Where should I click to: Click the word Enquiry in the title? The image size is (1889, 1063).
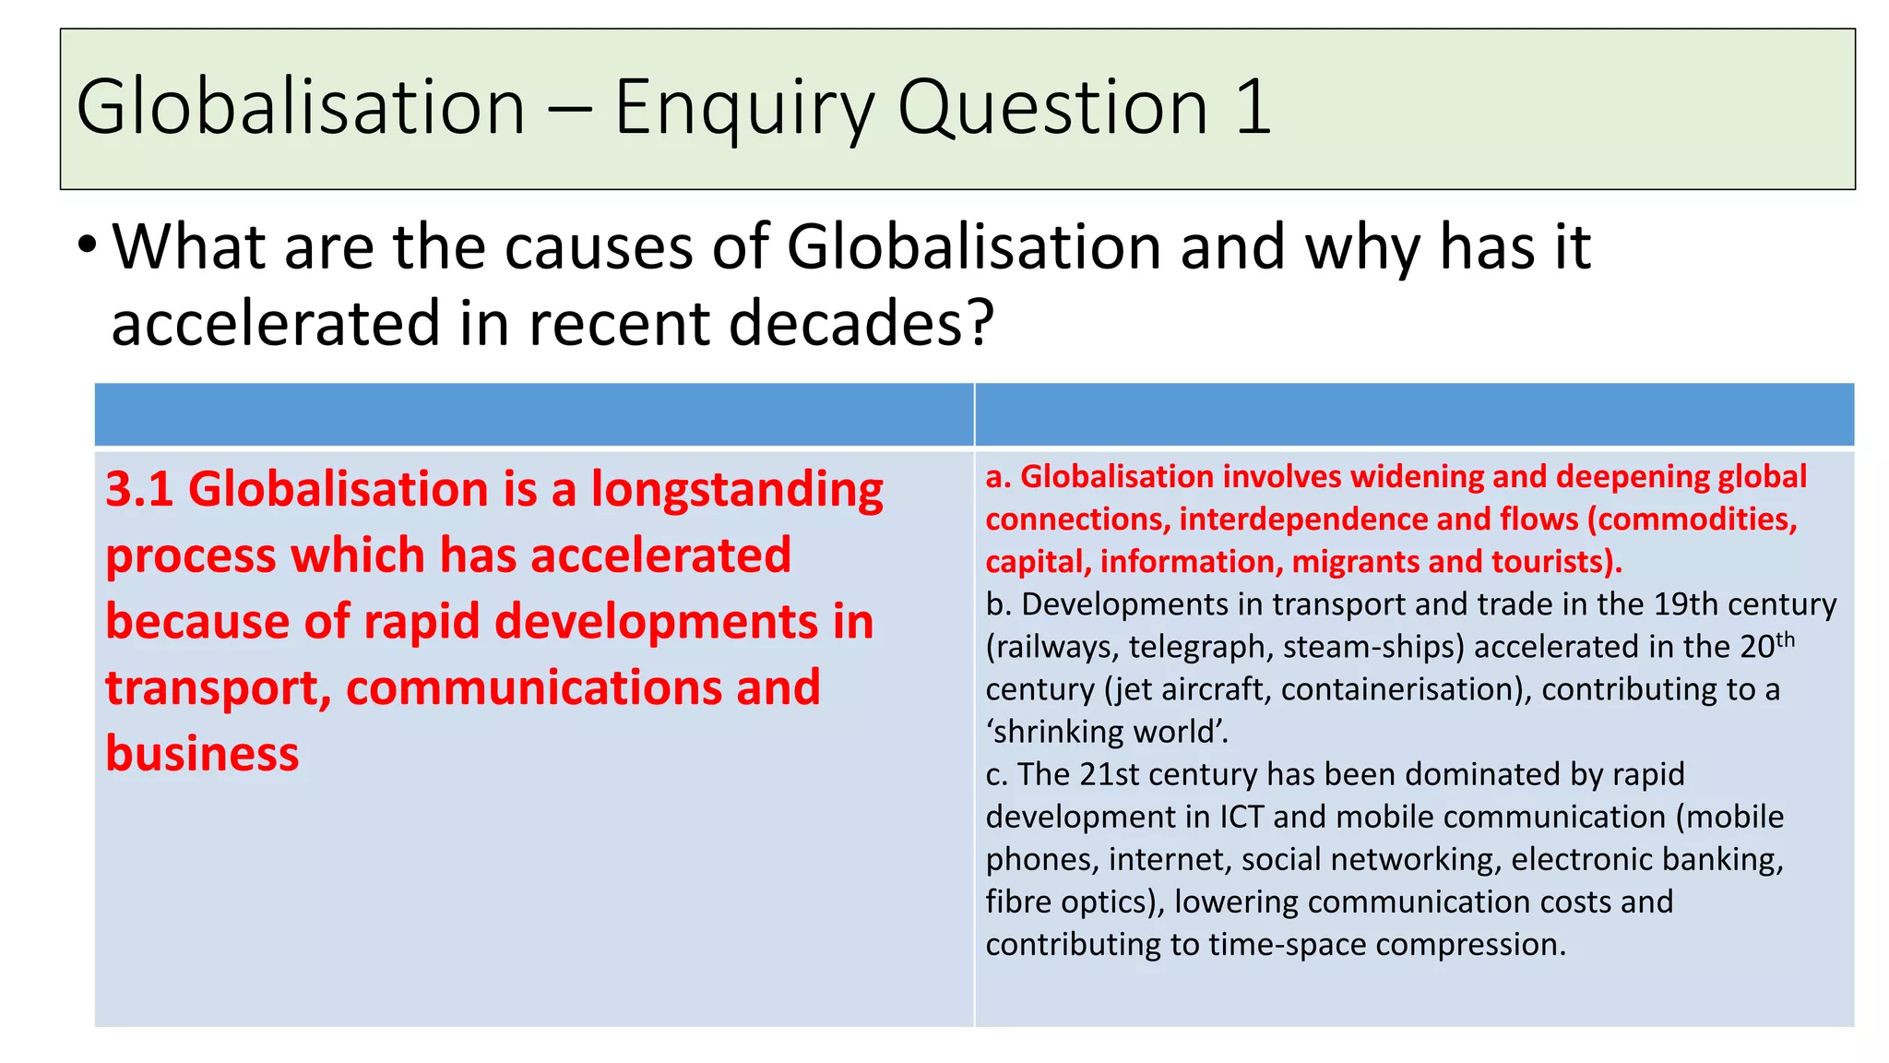click(743, 109)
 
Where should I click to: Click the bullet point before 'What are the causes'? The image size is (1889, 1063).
click(87, 246)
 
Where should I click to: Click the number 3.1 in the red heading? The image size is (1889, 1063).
click(139, 489)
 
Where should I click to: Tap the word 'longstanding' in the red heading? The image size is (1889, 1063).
click(737, 491)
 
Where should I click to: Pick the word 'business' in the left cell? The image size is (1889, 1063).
click(202, 754)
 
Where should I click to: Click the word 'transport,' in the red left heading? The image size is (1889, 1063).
click(219, 688)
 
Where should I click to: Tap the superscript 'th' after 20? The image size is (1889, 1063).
click(1786, 639)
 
